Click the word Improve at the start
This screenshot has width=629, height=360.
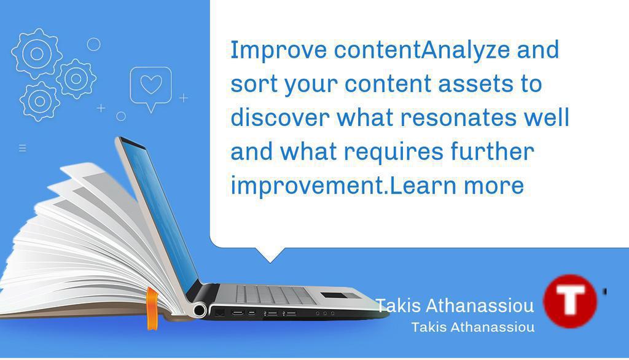point(278,50)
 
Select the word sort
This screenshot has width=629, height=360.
point(253,84)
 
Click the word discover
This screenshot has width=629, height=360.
point(279,117)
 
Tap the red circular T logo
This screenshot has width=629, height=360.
point(570,301)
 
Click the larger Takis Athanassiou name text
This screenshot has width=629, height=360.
point(455,305)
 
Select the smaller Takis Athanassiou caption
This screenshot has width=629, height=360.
point(472,327)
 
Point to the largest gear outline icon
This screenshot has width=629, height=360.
point(36,53)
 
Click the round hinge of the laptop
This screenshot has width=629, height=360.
point(199,310)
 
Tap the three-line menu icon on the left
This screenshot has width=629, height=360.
point(23,148)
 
